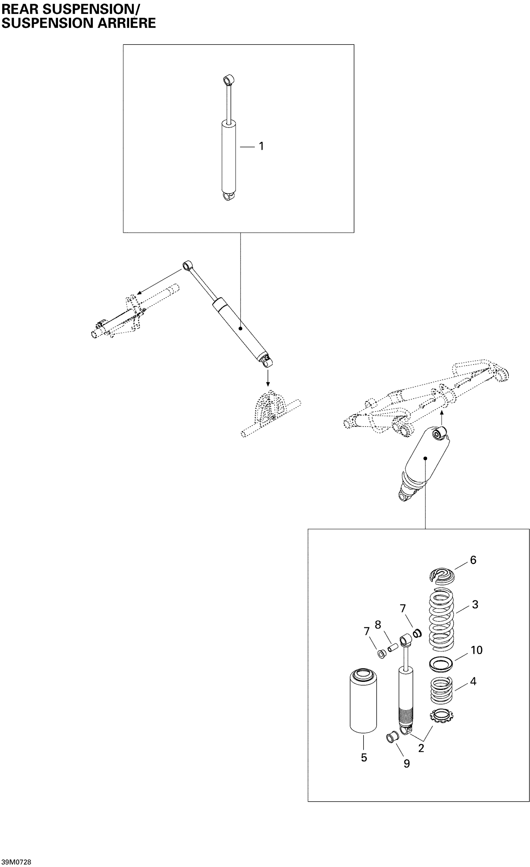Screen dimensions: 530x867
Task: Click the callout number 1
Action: pyautogui.click(x=261, y=146)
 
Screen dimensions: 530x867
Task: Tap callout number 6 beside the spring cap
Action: pyautogui.click(x=473, y=560)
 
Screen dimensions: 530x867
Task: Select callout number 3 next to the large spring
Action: pyautogui.click(x=475, y=605)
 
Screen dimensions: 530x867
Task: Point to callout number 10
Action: pyautogui.click(x=476, y=650)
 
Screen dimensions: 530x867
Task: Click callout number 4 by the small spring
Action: pyautogui.click(x=473, y=682)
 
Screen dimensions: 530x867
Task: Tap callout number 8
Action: pyautogui.click(x=378, y=625)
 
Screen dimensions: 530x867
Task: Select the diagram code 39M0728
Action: pyautogui.click(x=16, y=862)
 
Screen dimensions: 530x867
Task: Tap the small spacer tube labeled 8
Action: pyautogui.click(x=393, y=647)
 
